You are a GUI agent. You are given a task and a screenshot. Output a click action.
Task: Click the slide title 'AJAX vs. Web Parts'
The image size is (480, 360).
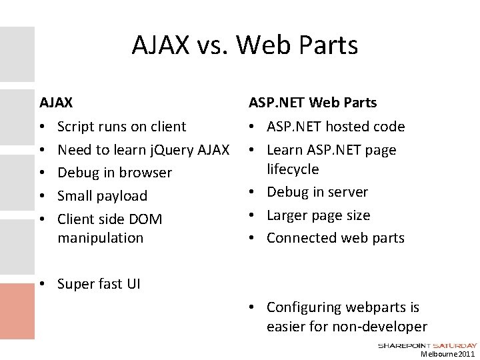click(245, 45)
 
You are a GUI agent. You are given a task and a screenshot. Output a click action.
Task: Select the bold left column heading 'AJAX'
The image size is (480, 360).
click(57, 103)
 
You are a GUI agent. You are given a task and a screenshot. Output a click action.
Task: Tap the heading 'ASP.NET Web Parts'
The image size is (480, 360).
click(313, 103)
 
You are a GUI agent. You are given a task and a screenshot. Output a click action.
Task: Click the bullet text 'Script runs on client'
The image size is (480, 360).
click(122, 126)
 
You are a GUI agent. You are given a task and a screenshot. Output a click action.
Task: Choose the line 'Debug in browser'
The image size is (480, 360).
click(115, 173)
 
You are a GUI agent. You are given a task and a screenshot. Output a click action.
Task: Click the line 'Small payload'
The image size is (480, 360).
click(103, 196)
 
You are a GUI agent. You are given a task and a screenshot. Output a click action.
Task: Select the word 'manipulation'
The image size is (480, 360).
click(101, 237)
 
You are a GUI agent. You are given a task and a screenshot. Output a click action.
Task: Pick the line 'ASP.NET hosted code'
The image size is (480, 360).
click(335, 126)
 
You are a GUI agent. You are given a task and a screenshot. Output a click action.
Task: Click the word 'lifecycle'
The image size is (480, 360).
click(293, 169)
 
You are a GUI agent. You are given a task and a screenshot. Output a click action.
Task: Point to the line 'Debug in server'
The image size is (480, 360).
click(317, 192)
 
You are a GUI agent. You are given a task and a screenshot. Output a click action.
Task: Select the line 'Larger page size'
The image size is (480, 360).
click(318, 215)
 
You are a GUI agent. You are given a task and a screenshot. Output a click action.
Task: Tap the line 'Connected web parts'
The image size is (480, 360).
click(335, 238)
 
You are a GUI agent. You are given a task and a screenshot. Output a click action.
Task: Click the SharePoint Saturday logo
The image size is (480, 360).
click(427, 345)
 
